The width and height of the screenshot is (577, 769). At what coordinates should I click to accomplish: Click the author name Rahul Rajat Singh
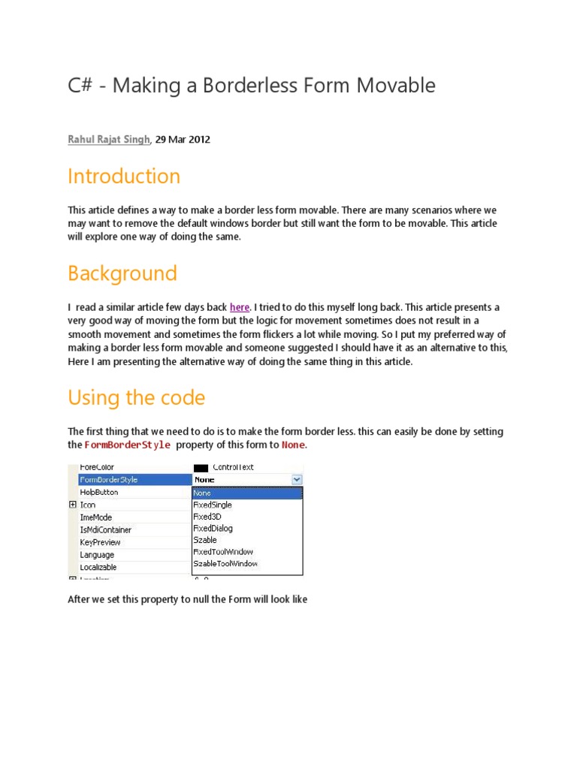(x=109, y=140)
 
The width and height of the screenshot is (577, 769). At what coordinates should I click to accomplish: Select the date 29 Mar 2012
(x=183, y=140)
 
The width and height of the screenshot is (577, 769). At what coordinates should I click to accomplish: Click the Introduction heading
(x=124, y=176)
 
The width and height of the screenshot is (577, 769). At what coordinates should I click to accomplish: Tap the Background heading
(x=122, y=273)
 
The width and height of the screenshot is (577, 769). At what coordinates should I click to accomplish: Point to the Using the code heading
(x=136, y=397)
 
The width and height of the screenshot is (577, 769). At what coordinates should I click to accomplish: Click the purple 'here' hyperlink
(x=240, y=307)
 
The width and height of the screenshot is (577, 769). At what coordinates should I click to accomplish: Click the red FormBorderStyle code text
(x=127, y=445)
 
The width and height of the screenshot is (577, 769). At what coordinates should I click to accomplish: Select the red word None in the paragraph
(x=293, y=445)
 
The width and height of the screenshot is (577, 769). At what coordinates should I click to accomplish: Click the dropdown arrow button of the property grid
(x=297, y=479)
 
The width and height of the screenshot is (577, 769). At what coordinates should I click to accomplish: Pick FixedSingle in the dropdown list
(x=213, y=505)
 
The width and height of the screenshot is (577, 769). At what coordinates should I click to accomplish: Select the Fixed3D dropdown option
(x=207, y=517)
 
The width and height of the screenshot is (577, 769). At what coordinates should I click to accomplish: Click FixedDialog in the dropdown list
(x=213, y=528)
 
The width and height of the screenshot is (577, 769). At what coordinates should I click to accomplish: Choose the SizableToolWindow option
(x=225, y=563)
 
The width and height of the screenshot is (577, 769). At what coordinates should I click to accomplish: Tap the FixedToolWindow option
(x=223, y=551)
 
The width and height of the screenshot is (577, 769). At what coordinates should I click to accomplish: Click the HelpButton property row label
(x=98, y=493)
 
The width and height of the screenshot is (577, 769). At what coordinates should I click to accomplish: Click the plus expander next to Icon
(x=73, y=505)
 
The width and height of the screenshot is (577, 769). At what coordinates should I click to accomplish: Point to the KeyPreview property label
(x=100, y=542)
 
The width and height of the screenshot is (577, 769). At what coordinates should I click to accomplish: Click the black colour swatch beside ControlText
(x=201, y=467)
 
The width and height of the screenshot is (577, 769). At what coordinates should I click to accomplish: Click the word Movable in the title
(x=398, y=86)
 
